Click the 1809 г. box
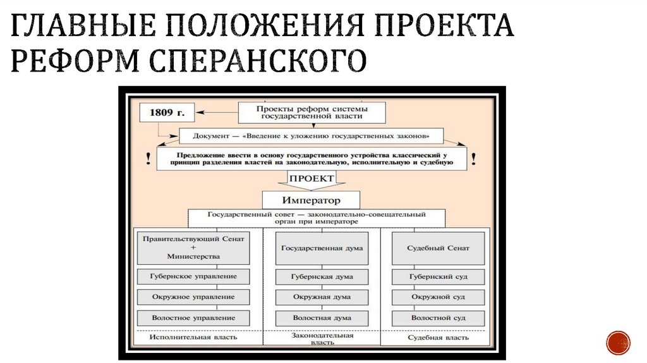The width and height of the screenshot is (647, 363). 167,113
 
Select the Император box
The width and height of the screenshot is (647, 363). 311,200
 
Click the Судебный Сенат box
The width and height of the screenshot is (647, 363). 438,248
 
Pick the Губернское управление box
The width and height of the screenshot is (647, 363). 193,276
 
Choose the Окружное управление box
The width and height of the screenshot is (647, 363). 193,297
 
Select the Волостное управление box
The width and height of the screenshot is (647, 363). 193,317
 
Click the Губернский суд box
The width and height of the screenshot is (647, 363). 438,276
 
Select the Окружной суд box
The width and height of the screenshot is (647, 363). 438,297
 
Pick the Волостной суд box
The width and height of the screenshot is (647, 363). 438,317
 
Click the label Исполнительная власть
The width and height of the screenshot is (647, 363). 193,337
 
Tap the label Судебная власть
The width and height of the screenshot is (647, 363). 438,338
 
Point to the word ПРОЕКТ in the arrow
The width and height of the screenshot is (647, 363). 311,179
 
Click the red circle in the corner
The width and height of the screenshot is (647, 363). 618,343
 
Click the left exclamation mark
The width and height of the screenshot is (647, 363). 148,157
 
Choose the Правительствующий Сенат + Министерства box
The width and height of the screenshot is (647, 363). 193,248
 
